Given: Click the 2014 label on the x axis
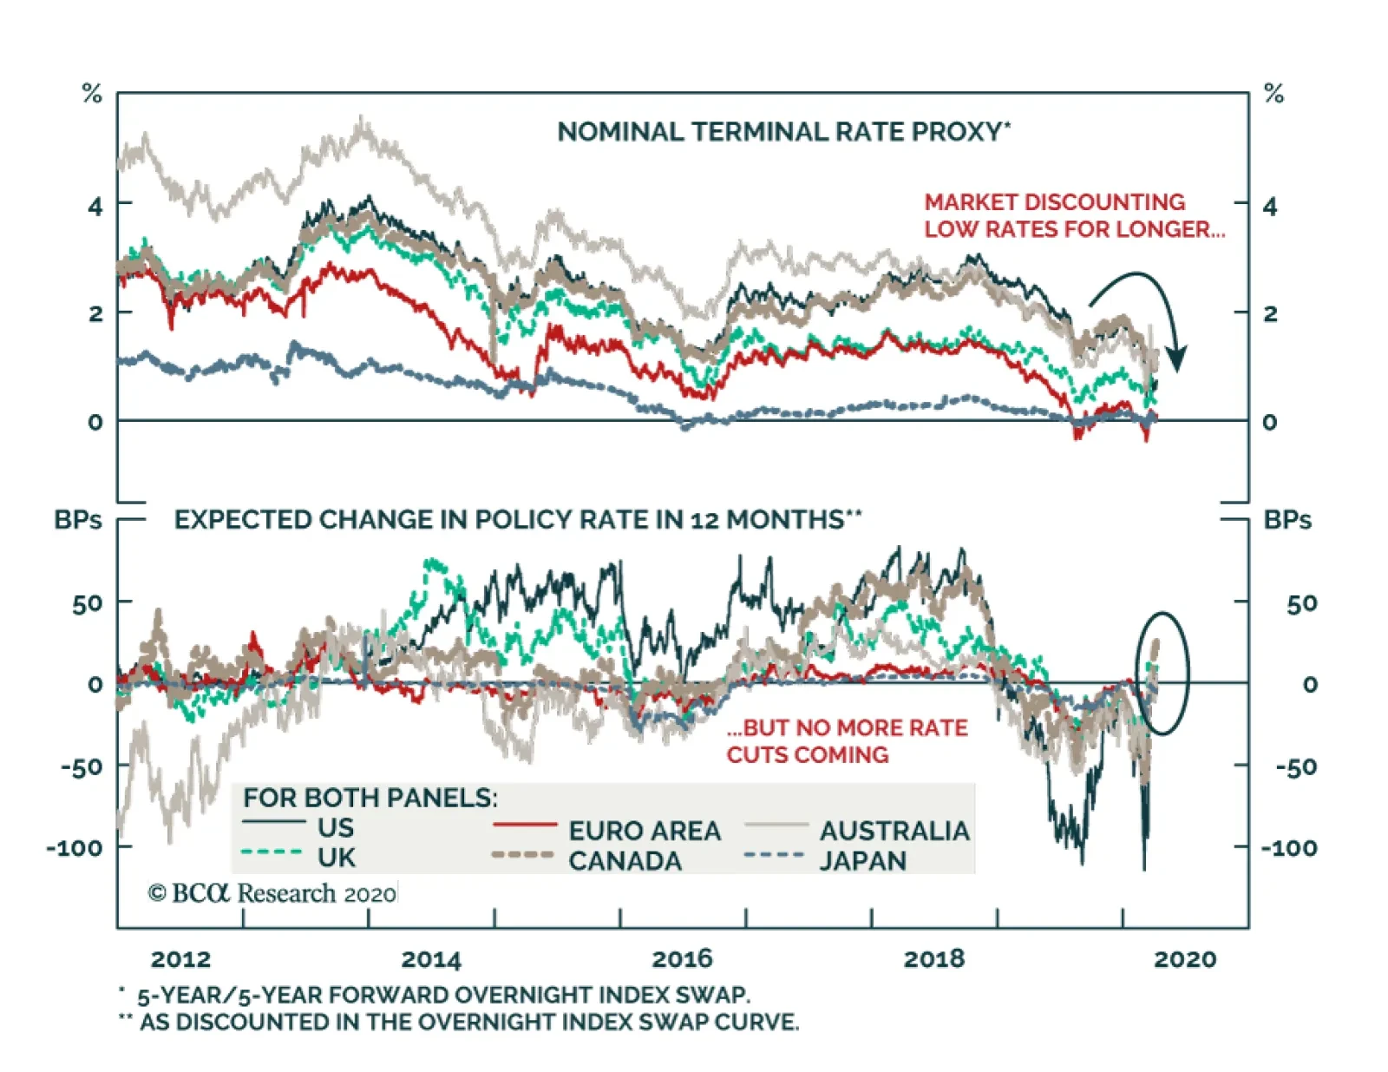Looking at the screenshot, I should click(431, 959).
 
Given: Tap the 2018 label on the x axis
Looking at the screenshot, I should click(933, 959).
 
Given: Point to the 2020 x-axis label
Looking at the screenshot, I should click(1185, 959).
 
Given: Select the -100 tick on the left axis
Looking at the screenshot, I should click(75, 847).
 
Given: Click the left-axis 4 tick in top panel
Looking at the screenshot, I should click(95, 207).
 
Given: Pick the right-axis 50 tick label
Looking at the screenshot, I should click(1301, 603).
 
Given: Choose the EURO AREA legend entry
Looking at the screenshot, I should click(644, 831).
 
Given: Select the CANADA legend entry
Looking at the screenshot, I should click(625, 861).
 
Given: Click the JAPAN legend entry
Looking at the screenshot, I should click(862, 861).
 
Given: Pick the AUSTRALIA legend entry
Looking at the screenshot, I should click(894, 831).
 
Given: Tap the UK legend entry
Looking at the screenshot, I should click(336, 858).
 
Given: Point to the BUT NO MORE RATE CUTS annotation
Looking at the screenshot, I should click(847, 740).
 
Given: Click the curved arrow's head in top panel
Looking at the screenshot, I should click(1176, 357).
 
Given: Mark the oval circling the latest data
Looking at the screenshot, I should click(1162, 673).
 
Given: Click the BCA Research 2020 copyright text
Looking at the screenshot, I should click(272, 893).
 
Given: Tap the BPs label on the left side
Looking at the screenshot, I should click(78, 520).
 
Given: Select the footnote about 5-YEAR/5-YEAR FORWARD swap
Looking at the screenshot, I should click(442, 995).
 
